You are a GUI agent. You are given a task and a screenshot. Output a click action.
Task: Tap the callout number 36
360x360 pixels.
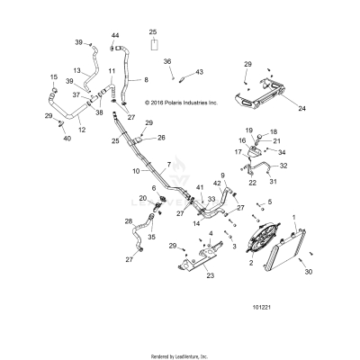167,61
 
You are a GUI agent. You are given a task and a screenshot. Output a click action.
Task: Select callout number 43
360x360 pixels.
200,72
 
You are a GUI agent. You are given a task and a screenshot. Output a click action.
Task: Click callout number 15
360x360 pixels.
52,76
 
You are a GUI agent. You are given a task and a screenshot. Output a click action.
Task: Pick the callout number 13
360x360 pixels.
76,70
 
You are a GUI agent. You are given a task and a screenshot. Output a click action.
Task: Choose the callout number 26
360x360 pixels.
161,138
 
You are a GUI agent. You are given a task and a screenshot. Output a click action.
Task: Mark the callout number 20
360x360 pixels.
142,198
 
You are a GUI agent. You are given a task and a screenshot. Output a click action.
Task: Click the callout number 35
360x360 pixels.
150,238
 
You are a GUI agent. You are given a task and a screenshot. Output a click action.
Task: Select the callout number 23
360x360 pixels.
211,277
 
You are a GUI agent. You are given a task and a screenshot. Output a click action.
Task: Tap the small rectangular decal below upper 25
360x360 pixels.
154,43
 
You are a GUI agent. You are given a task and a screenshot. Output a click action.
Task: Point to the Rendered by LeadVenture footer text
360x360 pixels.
179,355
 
